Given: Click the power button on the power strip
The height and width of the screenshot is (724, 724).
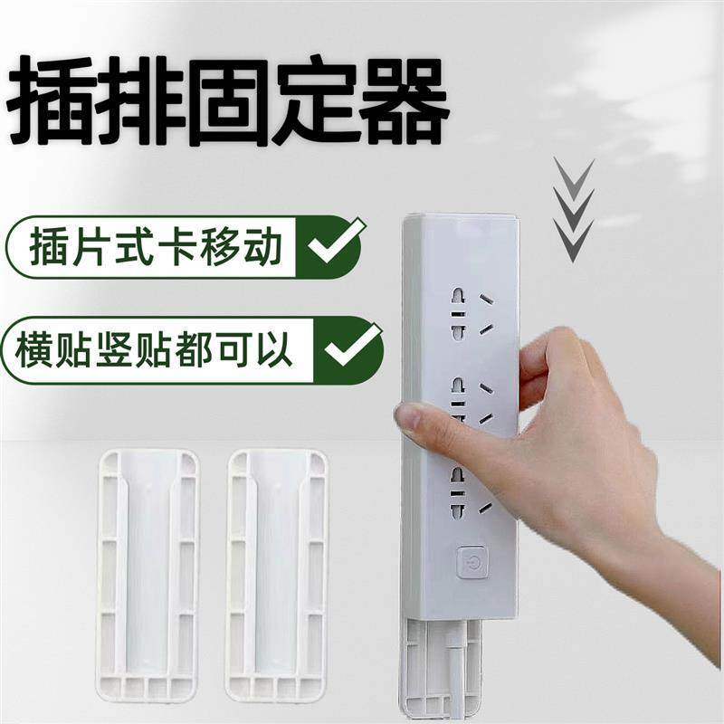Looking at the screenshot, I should coord(470,563).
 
